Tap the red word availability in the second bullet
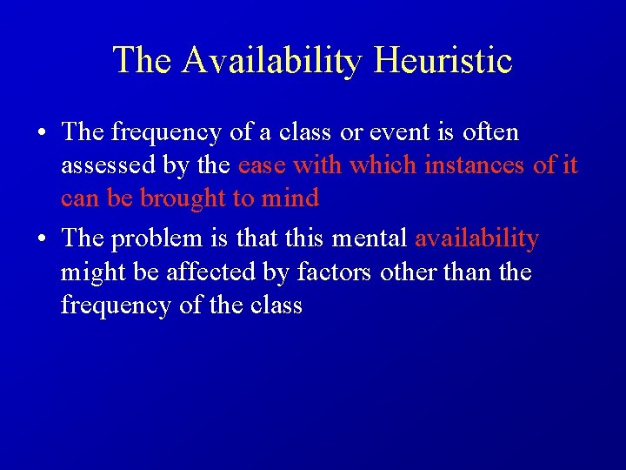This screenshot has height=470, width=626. click(x=477, y=238)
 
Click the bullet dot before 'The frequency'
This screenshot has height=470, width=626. click(x=42, y=133)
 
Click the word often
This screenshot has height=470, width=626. click(x=489, y=132)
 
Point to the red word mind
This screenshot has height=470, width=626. click(x=290, y=198)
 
